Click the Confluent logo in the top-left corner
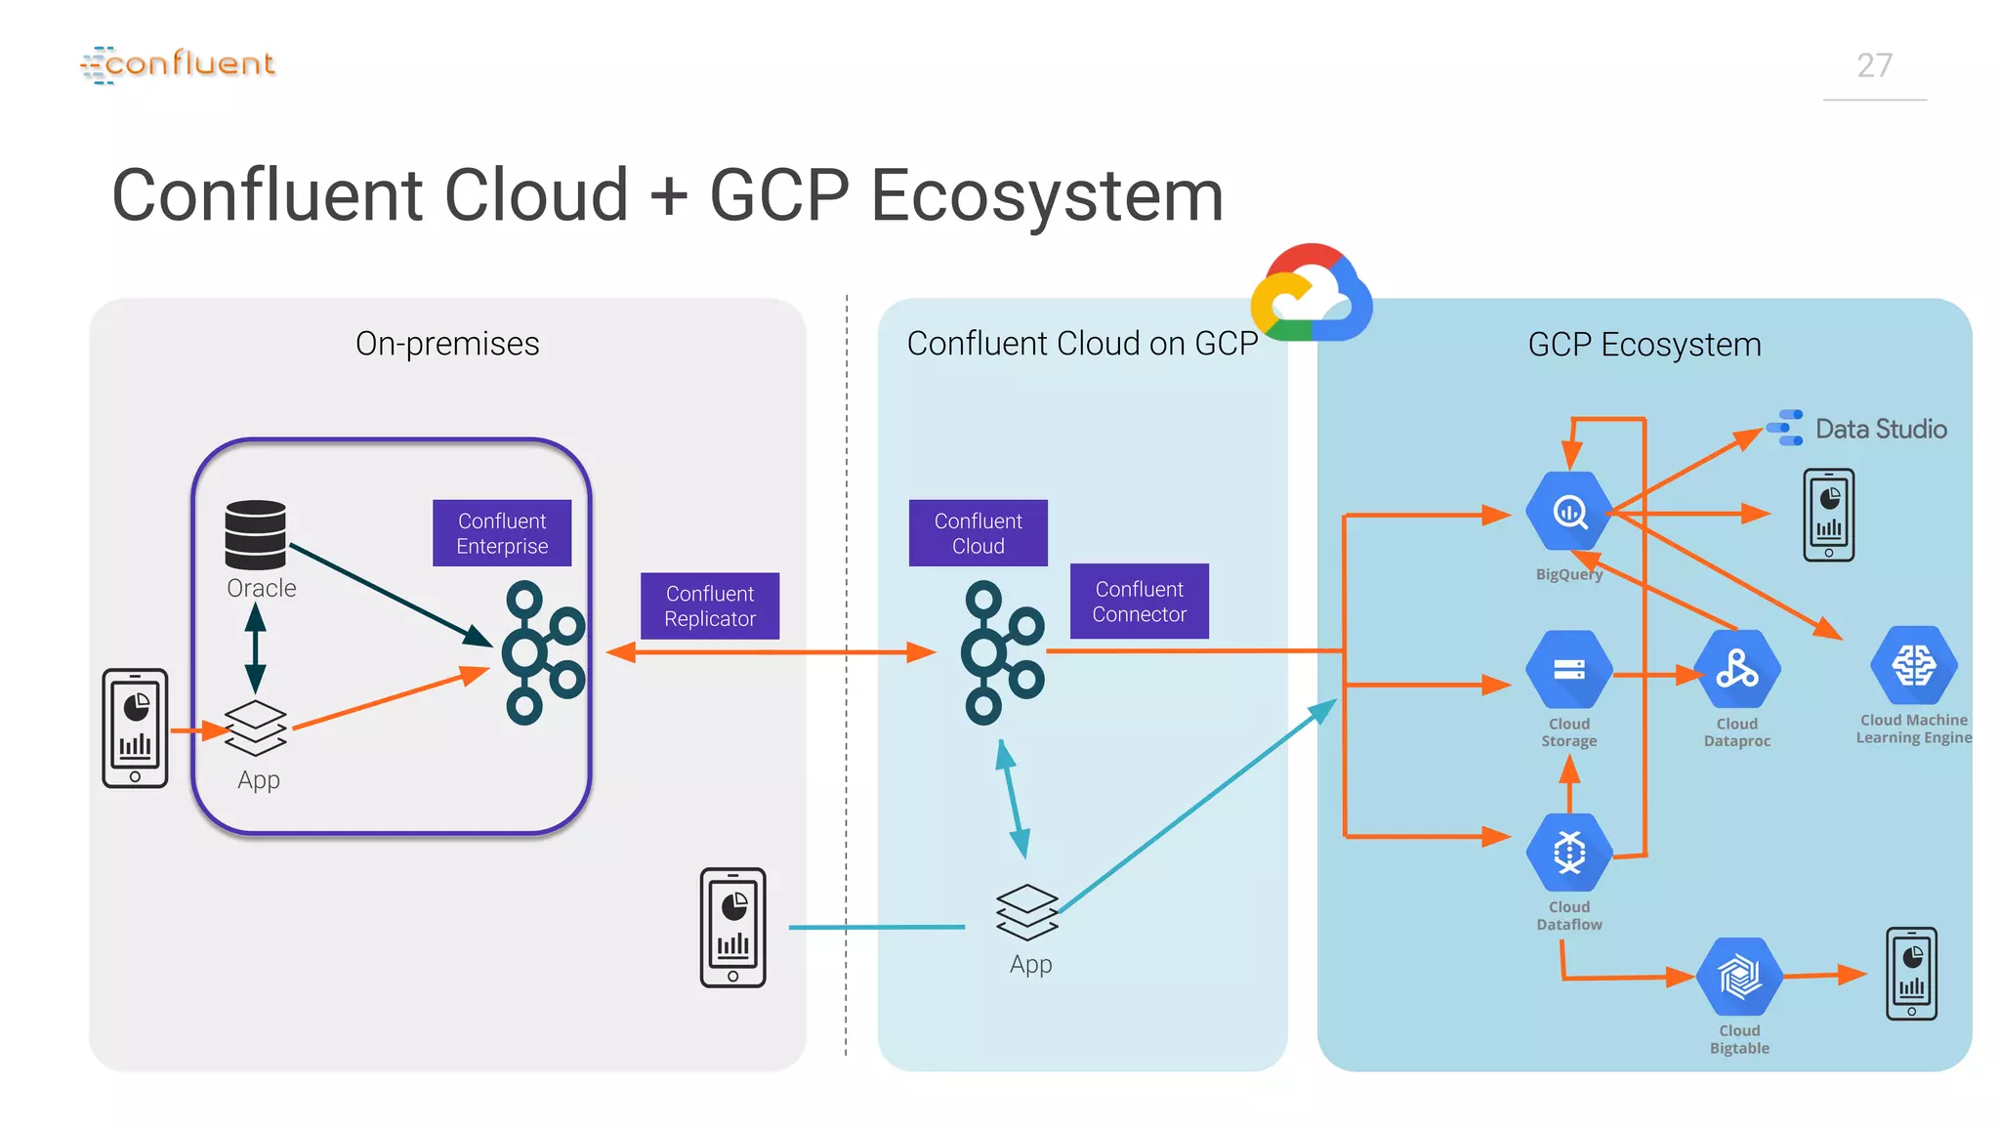coord(178,64)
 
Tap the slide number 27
coord(1874,65)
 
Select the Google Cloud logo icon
coord(1312,294)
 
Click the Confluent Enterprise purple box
coord(502,533)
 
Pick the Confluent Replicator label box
coord(710,606)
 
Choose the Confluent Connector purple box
coord(1139,602)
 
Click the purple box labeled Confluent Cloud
coord(978,533)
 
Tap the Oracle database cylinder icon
coord(256,534)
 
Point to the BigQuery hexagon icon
coord(1569,512)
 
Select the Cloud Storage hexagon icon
coord(1569,670)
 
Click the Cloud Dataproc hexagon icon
coord(1737,670)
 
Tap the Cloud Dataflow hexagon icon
coord(1569,852)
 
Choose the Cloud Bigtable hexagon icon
coord(1739,977)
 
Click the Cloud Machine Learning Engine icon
coord(1913,666)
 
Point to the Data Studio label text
coord(1880,430)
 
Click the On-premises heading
coord(447,344)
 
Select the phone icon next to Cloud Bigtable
coord(1911,974)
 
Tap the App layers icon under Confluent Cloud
coord(1027,912)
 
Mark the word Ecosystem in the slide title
coord(1046,195)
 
